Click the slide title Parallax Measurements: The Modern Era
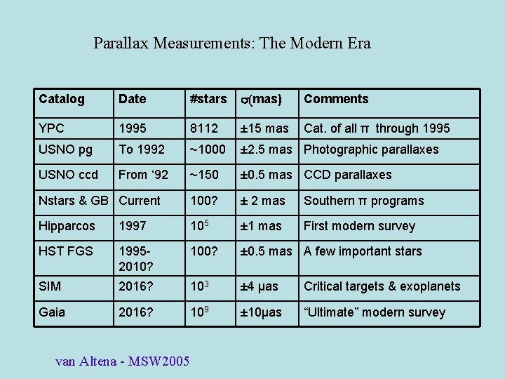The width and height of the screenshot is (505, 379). coord(232,44)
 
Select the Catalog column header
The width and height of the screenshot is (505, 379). coord(62,99)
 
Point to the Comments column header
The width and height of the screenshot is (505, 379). coord(336,99)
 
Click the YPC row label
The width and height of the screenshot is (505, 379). coord(52,128)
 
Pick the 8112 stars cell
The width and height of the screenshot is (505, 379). coord(204,128)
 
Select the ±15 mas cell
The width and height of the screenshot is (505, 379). coord(264,128)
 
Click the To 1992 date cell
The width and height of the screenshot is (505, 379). coord(142,149)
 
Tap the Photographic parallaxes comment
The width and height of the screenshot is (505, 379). coord(371,149)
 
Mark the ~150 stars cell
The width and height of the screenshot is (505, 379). coord(204,175)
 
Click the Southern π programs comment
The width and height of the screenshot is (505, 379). coord(363,201)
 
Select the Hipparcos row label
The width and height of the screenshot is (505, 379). coord(67,226)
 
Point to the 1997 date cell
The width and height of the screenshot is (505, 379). coord(133,226)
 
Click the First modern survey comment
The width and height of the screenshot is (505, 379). coord(359,226)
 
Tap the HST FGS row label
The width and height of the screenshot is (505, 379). coord(66,251)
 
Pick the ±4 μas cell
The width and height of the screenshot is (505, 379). coord(260,286)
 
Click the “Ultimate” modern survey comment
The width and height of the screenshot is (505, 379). coord(374,312)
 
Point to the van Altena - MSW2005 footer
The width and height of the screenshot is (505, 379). coord(123,361)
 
